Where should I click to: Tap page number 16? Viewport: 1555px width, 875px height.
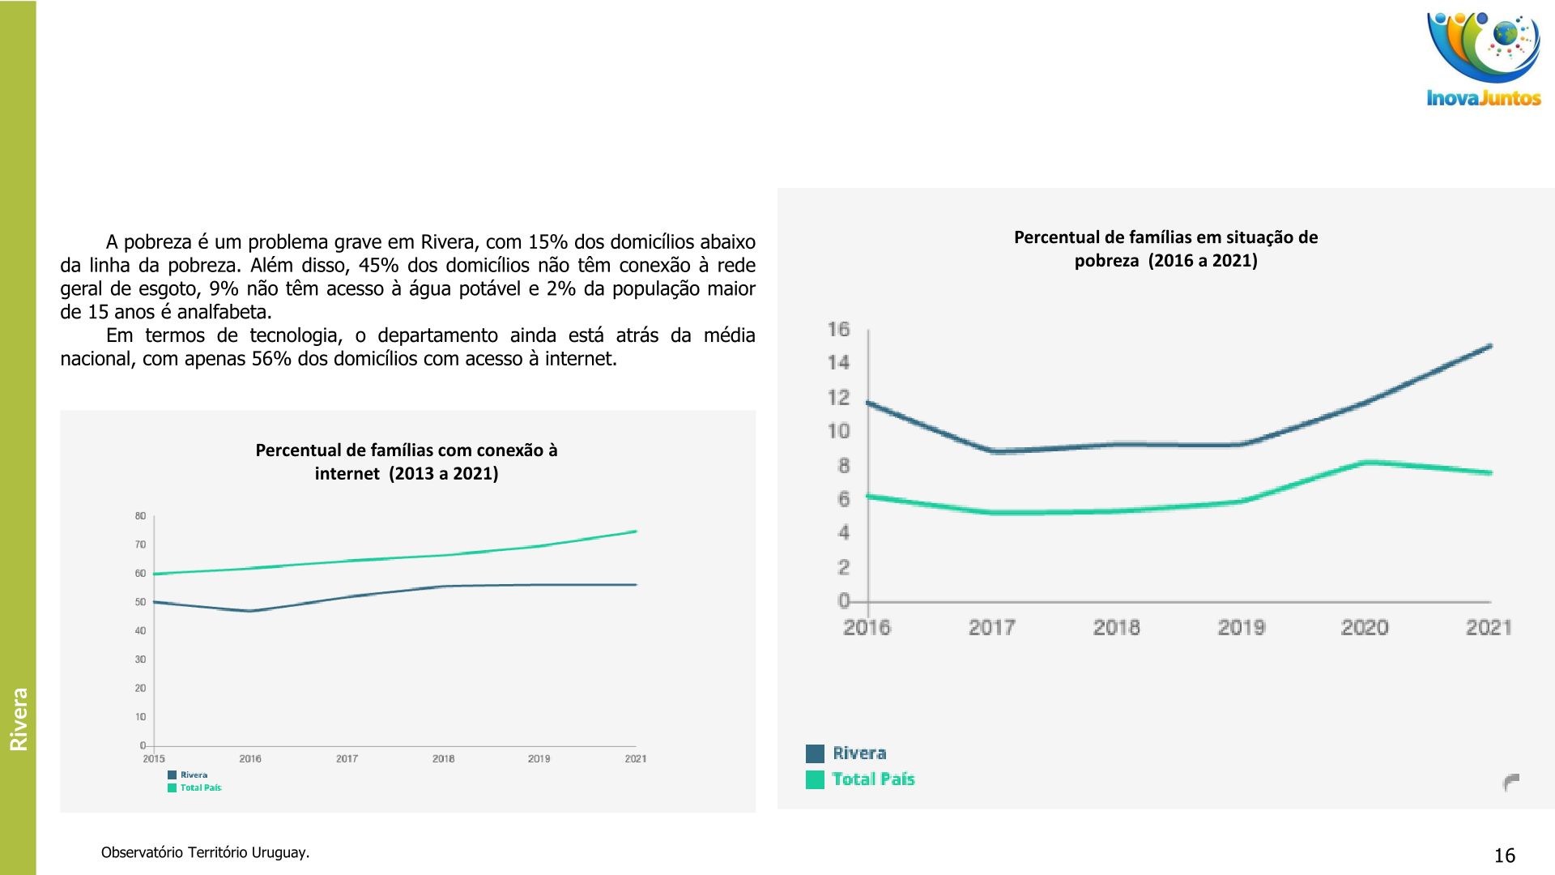tap(1504, 856)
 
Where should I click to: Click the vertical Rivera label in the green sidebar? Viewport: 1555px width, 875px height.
tap(19, 719)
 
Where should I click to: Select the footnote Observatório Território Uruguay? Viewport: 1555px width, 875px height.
tap(205, 852)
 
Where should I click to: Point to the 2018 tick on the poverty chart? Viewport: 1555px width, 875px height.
tap(1116, 627)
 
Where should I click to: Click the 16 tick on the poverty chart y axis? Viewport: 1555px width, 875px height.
tap(839, 329)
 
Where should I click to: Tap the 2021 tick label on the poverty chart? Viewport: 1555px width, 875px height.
tap(1489, 627)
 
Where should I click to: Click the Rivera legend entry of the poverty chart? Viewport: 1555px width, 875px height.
tap(858, 753)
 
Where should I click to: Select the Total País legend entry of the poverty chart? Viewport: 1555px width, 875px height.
tap(872, 779)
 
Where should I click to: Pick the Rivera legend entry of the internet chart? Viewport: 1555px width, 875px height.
tap(194, 775)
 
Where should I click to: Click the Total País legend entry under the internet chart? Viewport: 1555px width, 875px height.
tap(200, 787)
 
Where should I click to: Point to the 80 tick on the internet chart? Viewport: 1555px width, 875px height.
tap(140, 516)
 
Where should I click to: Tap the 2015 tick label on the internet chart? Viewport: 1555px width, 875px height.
tap(154, 759)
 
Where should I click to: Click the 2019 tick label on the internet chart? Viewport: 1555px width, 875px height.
tap(539, 759)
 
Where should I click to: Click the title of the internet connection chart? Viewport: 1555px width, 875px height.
tap(407, 462)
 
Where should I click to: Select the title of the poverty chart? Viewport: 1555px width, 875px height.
tap(1165, 249)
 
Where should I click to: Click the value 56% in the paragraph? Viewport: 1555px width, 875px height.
tap(271, 359)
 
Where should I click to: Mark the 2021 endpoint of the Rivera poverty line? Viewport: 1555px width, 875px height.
tap(1490, 347)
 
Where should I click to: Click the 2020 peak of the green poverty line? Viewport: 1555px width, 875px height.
tap(1366, 463)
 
